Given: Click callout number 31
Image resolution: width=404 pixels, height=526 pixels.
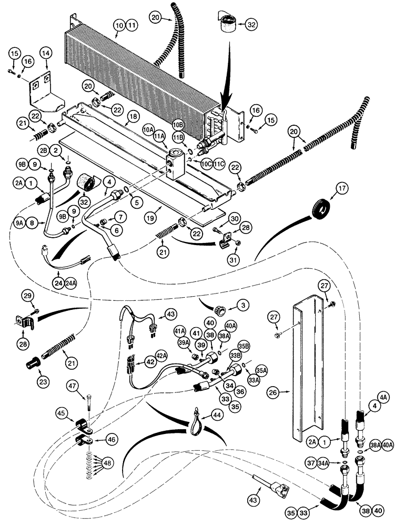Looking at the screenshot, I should click(233, 258).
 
